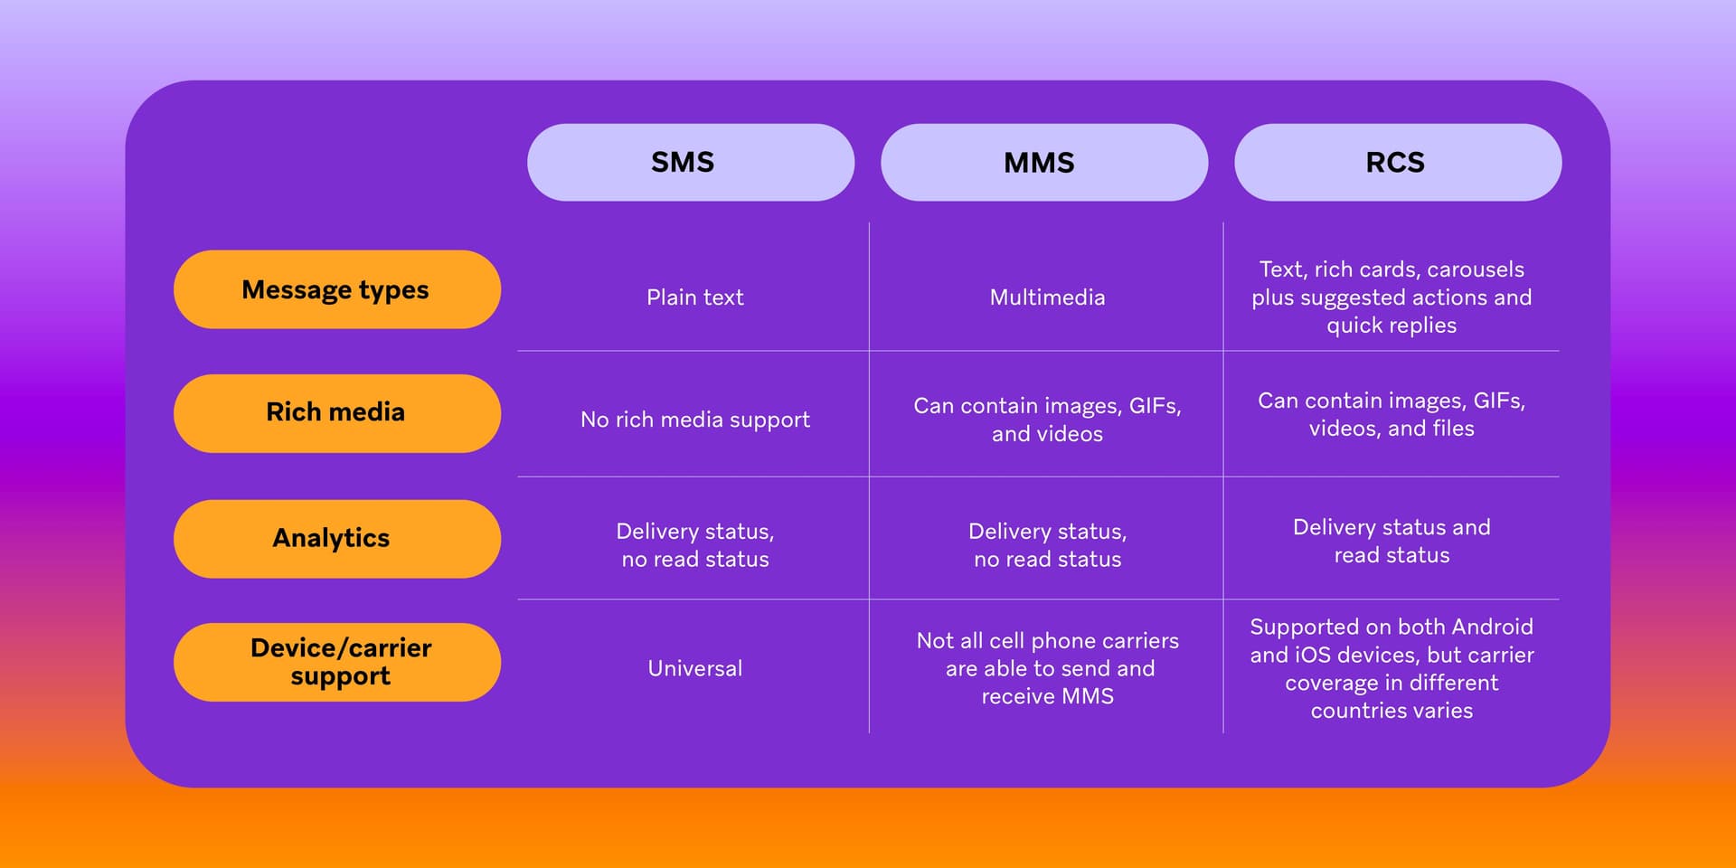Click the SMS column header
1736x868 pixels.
(x=690, y=163)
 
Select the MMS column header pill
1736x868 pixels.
(x=1043, y=163)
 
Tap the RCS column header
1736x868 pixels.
(x=1397, y=163)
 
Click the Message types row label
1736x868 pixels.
(x=336, y=290)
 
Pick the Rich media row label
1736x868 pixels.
(x=336, y=413)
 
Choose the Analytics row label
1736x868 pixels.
(x=336, y=539)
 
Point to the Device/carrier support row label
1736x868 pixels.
(x=336, y=662)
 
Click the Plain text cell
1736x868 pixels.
(x=694, y=297)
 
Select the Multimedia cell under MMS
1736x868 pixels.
(x=1047, y=297)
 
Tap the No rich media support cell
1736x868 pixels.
(x=694, y=420)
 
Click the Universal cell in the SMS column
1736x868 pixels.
(x=694, y=668)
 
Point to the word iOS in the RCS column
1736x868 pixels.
(x=1312, y=655)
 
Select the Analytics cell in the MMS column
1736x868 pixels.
(x=1047, y=545)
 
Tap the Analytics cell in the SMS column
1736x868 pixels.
(x=694, y=545)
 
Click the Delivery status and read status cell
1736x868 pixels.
(x=1392, y=541)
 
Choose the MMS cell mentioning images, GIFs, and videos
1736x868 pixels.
(x=1047, y=420)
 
